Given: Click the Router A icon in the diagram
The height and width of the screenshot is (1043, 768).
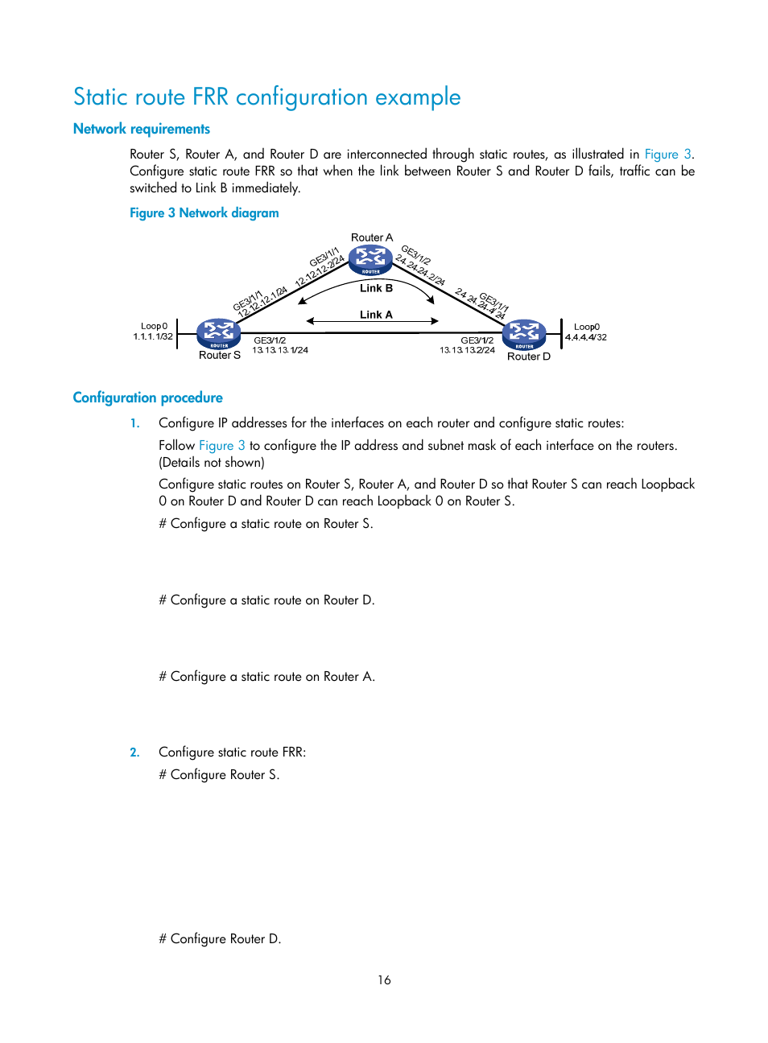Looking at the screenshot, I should [370, 260].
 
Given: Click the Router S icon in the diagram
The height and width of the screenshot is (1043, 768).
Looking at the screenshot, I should [219, 333].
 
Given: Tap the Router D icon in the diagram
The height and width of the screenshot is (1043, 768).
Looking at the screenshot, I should [524, 334].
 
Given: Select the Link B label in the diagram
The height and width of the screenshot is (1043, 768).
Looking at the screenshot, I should [376, 288].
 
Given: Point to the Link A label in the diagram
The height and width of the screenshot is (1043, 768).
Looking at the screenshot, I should [376, 315].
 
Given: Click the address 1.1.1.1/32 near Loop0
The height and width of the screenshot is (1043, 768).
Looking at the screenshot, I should [153, 336].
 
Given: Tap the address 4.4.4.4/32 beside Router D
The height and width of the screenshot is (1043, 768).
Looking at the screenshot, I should [586, 337].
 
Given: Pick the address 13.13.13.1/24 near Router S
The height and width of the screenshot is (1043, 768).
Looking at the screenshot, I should [280, 350].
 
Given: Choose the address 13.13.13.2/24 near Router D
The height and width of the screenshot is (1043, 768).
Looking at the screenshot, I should [467, 350].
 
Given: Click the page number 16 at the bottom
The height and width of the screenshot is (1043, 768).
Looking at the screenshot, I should [384, 979].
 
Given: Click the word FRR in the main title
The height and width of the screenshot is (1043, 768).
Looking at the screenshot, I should [210, 97].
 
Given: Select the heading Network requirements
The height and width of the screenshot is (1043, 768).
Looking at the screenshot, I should [142, 129].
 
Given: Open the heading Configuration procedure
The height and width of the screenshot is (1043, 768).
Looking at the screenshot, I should [148, 398].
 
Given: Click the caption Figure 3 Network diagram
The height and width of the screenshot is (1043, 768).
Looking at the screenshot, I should [204, 212].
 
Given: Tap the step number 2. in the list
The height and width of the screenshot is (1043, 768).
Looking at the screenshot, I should [134, 752].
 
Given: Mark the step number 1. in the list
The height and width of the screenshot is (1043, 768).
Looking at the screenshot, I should [134, 423].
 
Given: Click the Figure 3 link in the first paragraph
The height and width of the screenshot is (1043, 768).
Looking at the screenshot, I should [667, 154].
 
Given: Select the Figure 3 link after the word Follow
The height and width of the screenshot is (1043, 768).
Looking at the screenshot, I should [221, 445].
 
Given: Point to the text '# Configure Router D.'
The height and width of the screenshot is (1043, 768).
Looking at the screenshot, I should [220, 938].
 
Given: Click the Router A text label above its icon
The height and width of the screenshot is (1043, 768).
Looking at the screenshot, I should [372, 237].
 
